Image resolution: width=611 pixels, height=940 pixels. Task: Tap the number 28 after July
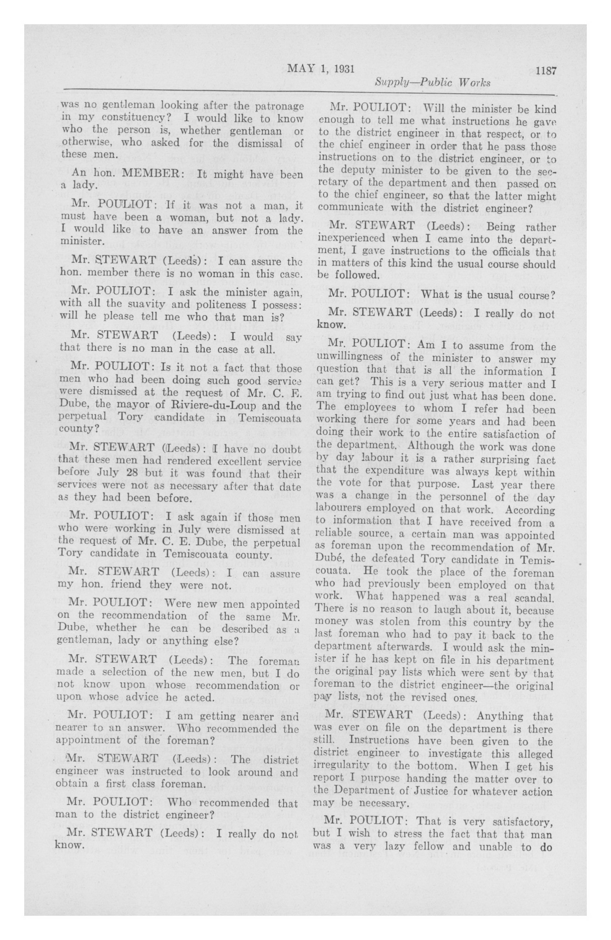pos(135,474)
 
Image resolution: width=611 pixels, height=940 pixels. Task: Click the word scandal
pos(535,598)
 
